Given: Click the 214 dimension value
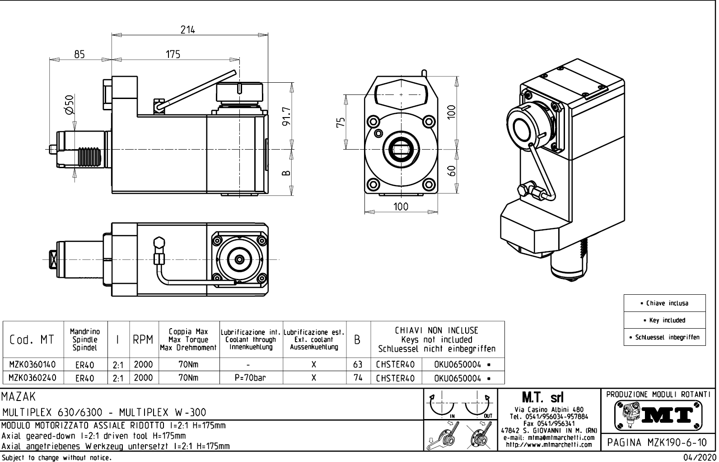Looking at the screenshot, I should (187, 30).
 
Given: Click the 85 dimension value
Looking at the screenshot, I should (79, 55).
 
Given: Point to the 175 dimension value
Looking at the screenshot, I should (173, 55).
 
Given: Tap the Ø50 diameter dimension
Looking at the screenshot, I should (69, 105).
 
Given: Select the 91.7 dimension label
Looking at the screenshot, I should (286, 117).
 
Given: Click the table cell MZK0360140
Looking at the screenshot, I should (33, 364).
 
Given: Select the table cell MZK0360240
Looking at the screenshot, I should (33, 377).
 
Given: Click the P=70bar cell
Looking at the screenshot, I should (250, 377).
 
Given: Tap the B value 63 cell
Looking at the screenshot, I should (358, 364).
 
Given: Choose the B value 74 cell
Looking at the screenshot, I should (358, 377).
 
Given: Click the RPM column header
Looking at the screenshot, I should (143, 340).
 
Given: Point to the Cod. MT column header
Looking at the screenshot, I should (32, 340).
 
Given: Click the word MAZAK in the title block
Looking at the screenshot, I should (19, 397).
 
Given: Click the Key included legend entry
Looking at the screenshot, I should (664, 320).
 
